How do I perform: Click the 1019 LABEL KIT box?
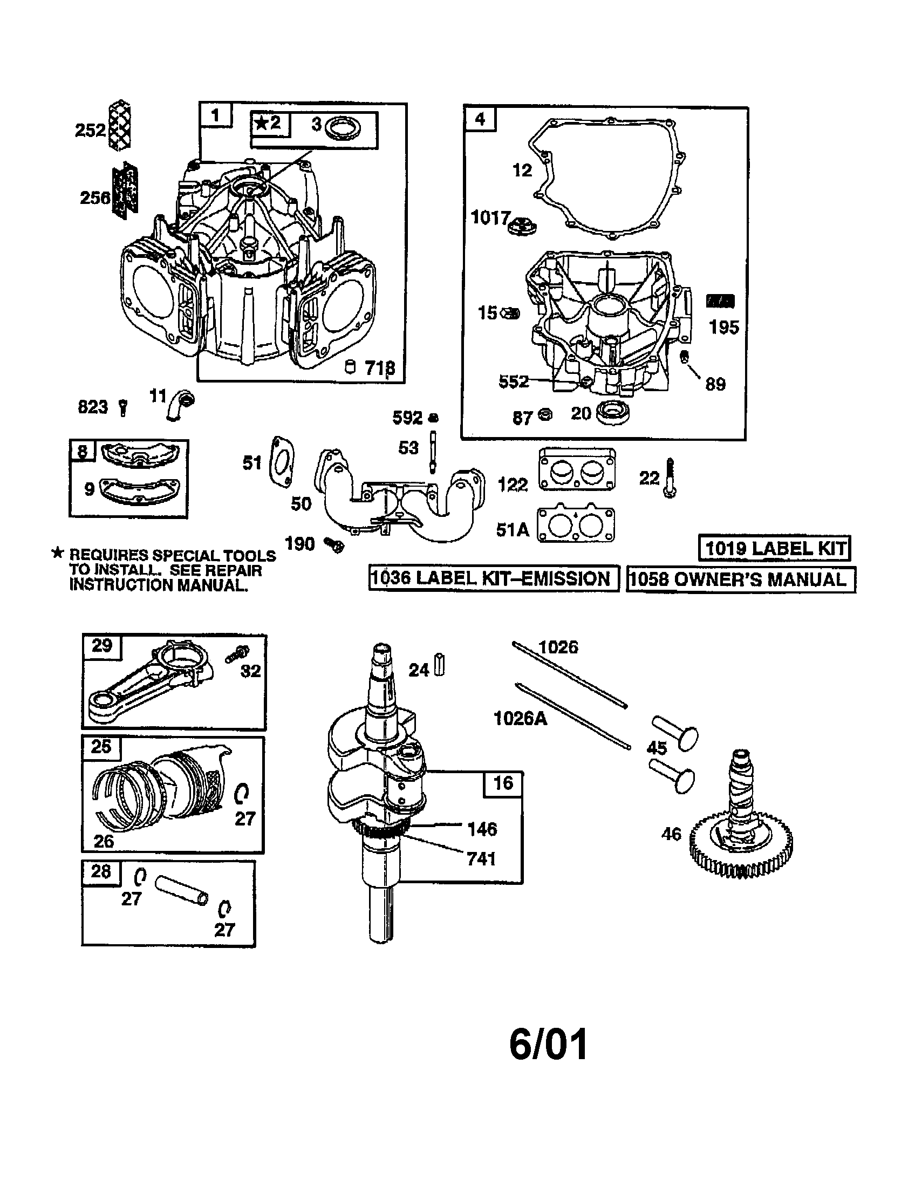pyautogui.click(x=774, y=548)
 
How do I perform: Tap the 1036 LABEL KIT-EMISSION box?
pyautogui.click(x=493, y=578)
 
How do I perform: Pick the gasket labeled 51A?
pyautogui.click(x=576, y=525)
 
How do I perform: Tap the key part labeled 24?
pyautogui.click(x=440, y=666)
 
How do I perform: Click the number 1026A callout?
pyautogui.click(x=520, y=719)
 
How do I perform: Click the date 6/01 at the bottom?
pyautogui.click(x=548, y=1045)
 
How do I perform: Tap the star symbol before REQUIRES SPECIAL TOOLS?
pyautogui.click(x=58, y=554)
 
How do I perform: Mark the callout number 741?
pyautogui.click(x=481, y=859)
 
